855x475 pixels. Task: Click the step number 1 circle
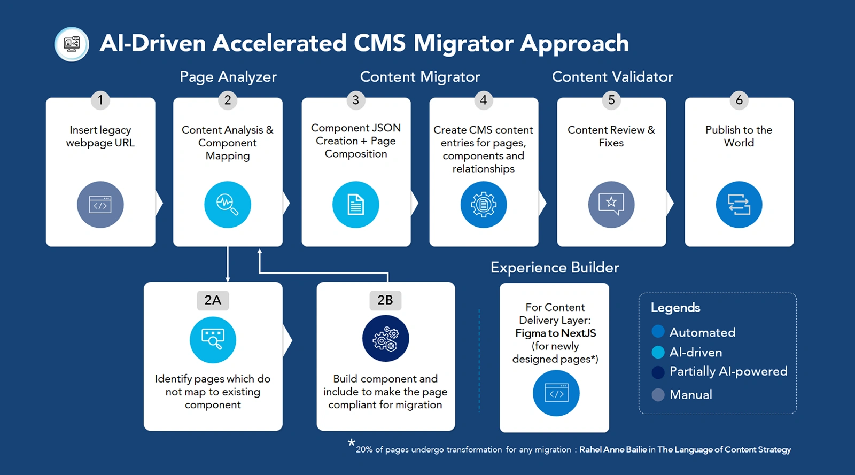click(100, 100)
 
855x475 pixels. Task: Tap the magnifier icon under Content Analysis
click(228, 205)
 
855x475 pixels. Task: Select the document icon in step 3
click(355, 205)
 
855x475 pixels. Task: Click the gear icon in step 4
click(484, 205)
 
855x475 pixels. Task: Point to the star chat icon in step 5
click(611, 205)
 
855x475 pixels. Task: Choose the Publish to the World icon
click(739, 205)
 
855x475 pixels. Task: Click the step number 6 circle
click(739, 100)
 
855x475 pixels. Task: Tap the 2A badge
click(213, 300)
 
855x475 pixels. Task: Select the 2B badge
click(385, 300)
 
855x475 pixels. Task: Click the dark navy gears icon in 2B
click(385, 339)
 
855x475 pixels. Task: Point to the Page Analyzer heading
click(228, 77)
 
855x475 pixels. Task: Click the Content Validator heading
click(612, 77)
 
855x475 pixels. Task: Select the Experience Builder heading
click(555, 268)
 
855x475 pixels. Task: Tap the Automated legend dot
click(658, 332)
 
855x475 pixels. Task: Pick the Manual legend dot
click(658, 395)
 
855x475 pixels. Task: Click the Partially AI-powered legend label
click(728, 371)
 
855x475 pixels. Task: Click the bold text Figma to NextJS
click(555, 333)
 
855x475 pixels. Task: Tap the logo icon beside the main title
click(72, 44)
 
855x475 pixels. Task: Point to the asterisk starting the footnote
click(351, 442)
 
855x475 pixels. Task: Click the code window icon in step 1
click(100, 205)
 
